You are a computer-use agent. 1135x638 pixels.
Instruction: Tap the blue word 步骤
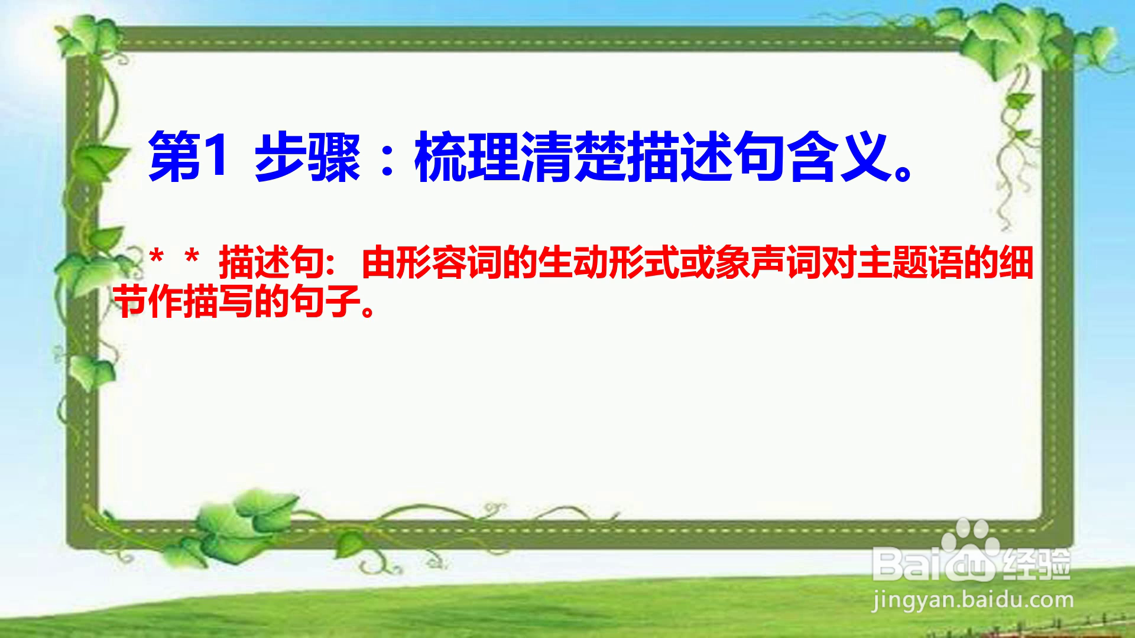[x=307, y=157]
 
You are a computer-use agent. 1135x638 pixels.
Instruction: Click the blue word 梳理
[x=467, y=157]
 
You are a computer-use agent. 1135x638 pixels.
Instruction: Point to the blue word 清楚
[x=573, y=157]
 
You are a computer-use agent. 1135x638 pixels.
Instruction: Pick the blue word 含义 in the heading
[x=839, y=157]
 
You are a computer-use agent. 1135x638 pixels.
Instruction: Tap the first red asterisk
[x=156, y=258]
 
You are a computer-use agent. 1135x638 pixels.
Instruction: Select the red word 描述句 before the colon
[x=272, y=263]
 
